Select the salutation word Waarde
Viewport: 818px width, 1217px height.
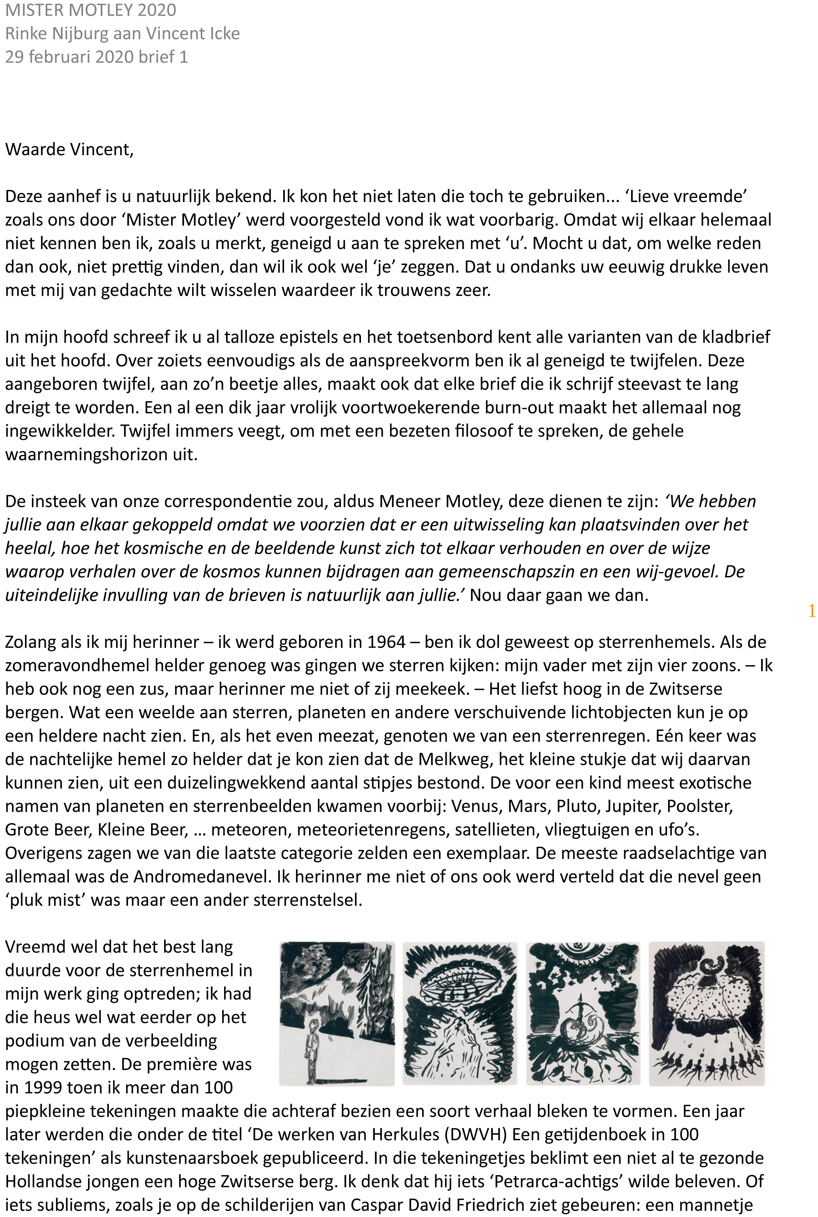tap(35, 149)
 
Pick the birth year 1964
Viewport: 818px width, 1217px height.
tap(386, 642)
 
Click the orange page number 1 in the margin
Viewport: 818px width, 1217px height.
tap(811, 611)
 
